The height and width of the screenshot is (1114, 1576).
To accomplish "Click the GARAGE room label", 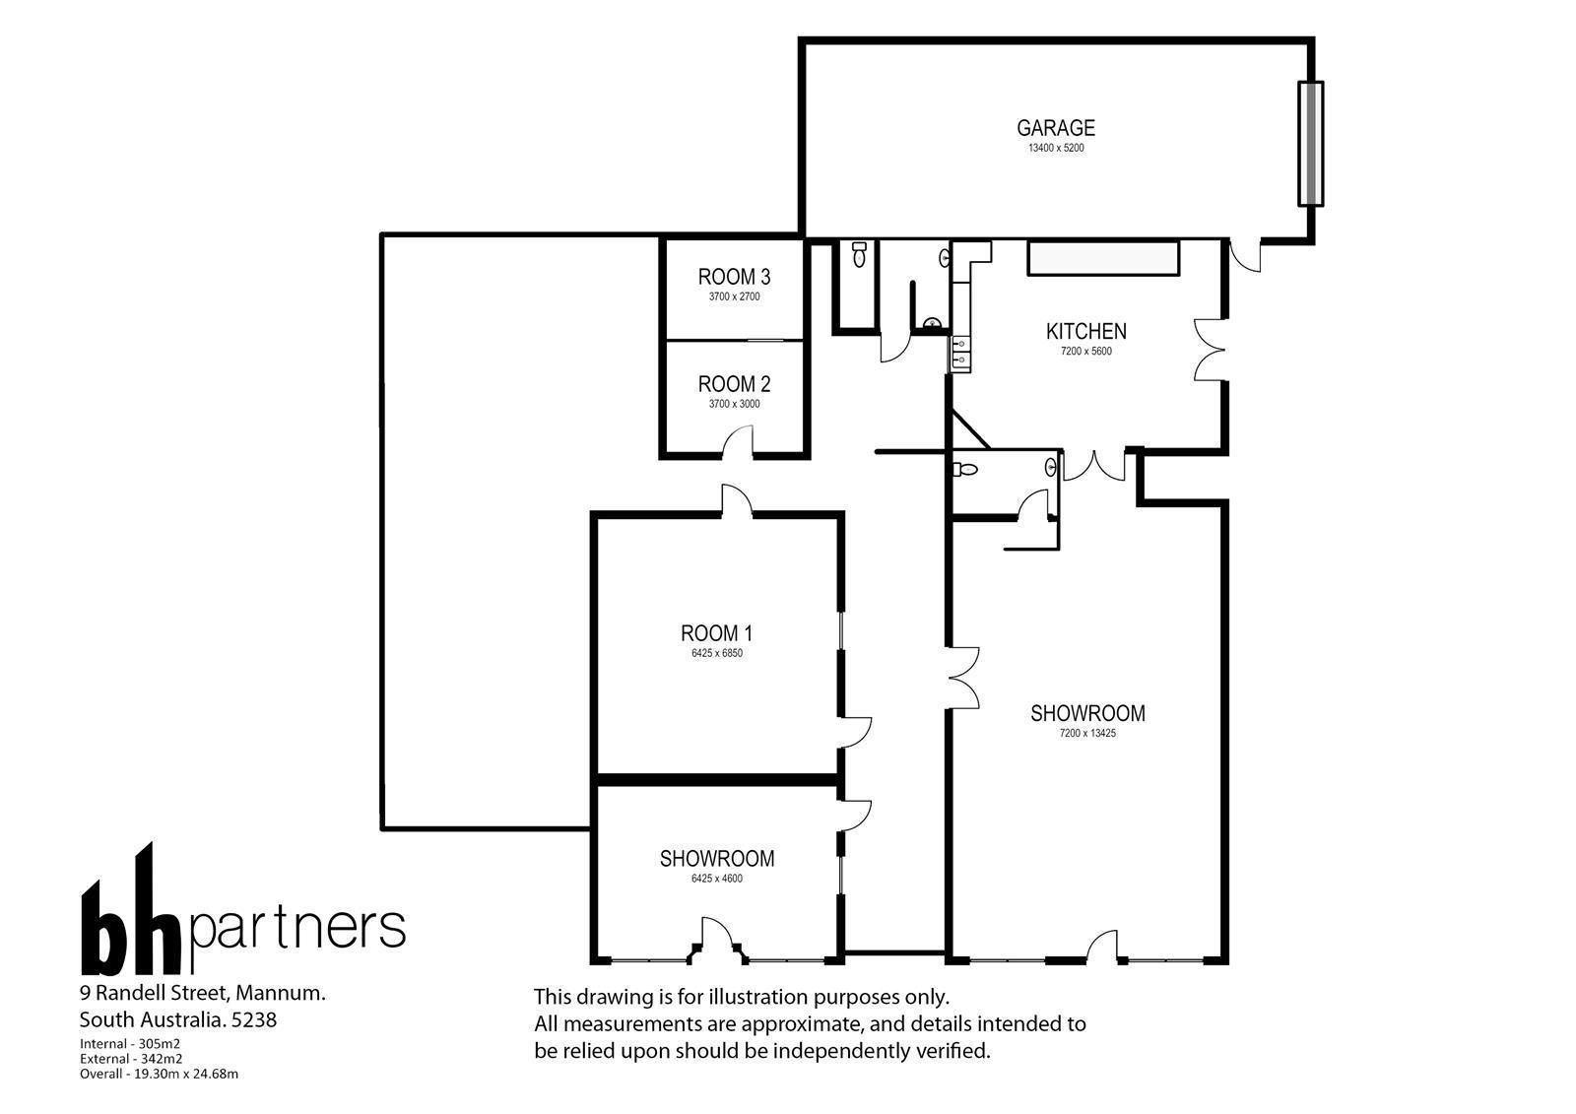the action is click(1055, 128).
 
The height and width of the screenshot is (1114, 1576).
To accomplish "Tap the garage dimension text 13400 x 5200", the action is click(1056, 149).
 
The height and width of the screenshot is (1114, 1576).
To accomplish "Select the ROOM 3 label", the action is click(734, 277).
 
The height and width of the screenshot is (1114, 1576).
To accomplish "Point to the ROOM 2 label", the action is click(734, 384).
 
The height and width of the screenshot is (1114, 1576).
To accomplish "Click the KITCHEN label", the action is click(1085, 332).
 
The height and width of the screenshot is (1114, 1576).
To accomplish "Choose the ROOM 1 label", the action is click(716, 633).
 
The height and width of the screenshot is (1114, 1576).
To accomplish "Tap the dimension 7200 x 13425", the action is click(1087, 733).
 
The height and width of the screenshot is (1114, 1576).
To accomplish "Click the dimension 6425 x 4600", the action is click(717, 879).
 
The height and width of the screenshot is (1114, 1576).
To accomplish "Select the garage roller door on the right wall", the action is click(1310, 144).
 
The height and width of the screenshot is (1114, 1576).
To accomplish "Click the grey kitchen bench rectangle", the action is click(1103, 258).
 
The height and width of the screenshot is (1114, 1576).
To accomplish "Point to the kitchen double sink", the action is click(961, 354).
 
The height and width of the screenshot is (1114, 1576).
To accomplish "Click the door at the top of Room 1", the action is click(737, 499).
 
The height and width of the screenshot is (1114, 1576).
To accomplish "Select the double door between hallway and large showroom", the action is click(963, 678).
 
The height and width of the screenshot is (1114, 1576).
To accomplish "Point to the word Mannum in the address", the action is click(280, 993).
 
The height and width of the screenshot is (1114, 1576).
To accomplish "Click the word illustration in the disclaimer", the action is click(758, 997).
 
